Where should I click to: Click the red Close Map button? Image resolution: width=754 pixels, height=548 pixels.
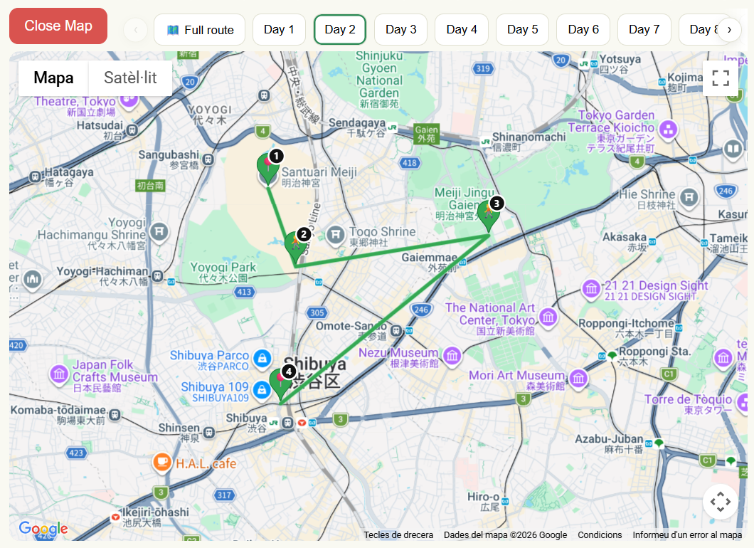point(58,26)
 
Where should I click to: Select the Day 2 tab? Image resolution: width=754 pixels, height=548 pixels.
point(340,30)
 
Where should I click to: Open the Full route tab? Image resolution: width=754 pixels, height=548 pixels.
point(200,30)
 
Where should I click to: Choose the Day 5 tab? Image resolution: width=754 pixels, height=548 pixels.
point(522,30)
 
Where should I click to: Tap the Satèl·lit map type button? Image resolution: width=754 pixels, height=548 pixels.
point(130,78)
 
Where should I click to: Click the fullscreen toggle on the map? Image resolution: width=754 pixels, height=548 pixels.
point(721,78)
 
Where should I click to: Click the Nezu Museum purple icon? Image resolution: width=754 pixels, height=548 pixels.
point(452,354)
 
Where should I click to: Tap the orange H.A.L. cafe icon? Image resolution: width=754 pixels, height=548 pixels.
point(162,463)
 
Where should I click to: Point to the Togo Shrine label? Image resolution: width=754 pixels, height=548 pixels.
point(382,232)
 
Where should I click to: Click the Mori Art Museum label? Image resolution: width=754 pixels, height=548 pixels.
point(516,376)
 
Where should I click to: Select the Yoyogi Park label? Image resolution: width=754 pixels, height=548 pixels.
point(223,268)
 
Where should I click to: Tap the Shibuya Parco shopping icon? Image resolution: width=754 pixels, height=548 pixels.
point(262,357)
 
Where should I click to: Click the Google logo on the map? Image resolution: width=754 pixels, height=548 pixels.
point(43,529)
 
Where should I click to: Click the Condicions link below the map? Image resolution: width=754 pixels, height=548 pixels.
point(600,535)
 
